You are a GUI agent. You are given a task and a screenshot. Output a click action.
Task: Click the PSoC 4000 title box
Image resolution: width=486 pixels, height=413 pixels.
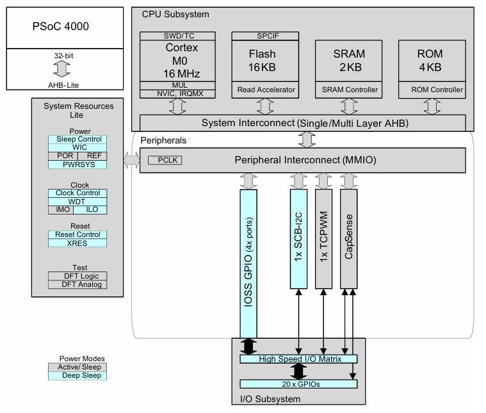point(61,27)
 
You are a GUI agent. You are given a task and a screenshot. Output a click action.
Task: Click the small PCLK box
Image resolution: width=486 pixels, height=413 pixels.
point(161,160)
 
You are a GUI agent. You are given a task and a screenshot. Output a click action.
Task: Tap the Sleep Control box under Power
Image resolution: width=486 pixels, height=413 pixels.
point(77,139)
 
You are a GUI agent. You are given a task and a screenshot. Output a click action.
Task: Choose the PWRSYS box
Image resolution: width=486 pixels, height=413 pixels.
point(77,165)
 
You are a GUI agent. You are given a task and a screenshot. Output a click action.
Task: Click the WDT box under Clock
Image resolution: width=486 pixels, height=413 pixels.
point(77,201)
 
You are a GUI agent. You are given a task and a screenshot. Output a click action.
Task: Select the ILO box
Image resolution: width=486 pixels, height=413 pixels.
point(92,209)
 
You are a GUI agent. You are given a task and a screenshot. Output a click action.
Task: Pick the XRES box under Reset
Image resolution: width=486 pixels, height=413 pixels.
point(77,243)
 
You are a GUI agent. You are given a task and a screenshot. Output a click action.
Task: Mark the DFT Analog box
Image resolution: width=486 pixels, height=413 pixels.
point(77,284)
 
